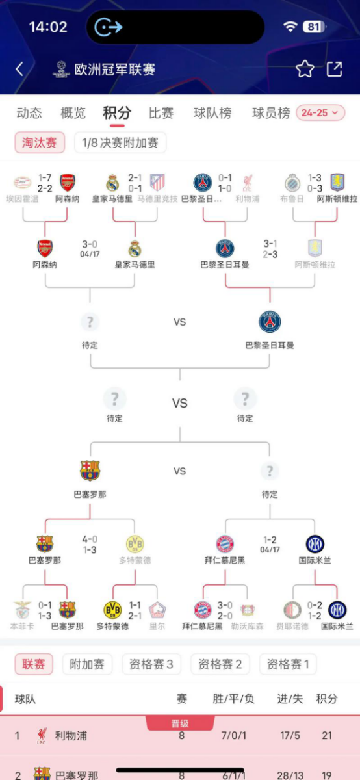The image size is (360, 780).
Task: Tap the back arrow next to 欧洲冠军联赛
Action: (19, 70)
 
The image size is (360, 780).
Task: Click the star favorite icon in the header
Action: (305, 70)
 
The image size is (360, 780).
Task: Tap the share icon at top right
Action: (334, 69)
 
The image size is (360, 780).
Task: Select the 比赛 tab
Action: (161, 112)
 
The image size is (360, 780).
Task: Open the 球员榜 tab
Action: (271, 112)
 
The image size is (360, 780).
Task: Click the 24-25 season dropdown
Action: (320, 112)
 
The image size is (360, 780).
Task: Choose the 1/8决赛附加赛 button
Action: (120, 142)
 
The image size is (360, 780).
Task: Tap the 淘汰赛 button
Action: (40, 142)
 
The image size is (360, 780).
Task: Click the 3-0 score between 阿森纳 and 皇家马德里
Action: (90, 244)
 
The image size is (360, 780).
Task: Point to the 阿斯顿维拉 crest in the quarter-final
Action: (315, 248)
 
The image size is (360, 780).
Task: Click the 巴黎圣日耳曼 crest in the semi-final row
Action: (270, 322)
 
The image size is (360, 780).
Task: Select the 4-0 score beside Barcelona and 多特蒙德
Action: (90, 539)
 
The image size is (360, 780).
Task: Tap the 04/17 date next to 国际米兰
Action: (270, 549)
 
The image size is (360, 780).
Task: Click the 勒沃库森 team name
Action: (247, 626)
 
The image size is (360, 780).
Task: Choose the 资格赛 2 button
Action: (220, 664)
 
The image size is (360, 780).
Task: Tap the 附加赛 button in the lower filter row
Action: (87, 664)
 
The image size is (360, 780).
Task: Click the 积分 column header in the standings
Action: (327, 699)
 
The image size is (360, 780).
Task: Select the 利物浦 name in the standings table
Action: (71, 736)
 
